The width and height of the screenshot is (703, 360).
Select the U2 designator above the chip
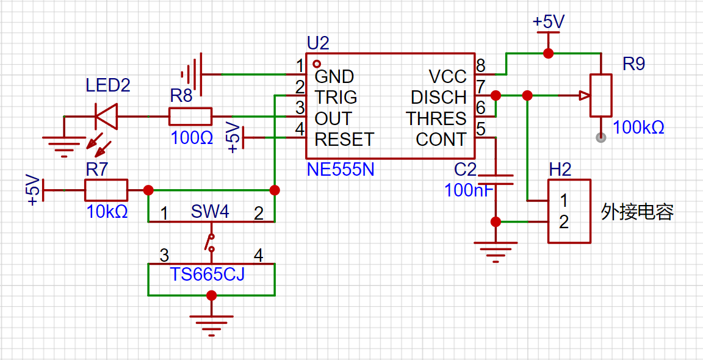pyautogui.click(x=319, y=43)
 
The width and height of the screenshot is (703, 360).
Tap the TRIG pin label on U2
pyautogui.click(x=336, y=97)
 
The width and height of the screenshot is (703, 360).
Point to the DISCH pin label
pyautogui.click(x=439, y=97)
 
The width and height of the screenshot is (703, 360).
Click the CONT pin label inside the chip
pyautogui.click(x=441, y=140)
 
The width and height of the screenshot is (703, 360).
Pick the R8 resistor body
pyautogui.click(x=190, y=117)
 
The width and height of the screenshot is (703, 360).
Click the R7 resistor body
pyautogui.click(x=106, y=190)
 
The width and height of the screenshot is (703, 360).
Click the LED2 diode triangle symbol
pyautogui.click(x=106, y=117)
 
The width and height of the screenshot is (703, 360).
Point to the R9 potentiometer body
pyautogui.click(x=600, y=95)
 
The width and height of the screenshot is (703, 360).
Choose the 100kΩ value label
pyautogui.click(x=638, y=128)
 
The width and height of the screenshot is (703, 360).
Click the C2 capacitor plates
pyautogui.click(x=496, y=179)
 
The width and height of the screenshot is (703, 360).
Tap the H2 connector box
pyautogui.click(x=569, y=211)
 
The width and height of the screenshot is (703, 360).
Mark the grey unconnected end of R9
pyautogui.click(x=600, y=138)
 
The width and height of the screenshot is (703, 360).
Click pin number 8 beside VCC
pyautogui.click(x=481, y=66)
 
